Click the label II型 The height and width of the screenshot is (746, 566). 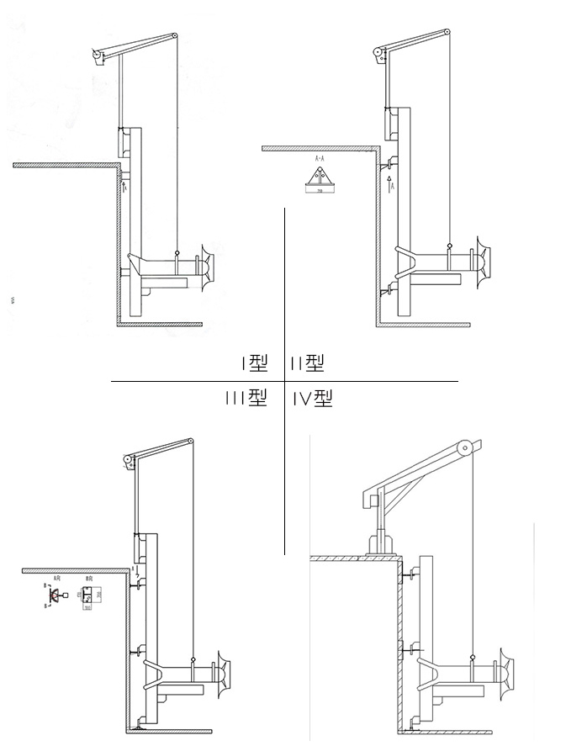tap(307, 363)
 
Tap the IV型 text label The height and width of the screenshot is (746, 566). tap(313, 399)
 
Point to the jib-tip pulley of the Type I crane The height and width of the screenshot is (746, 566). tap(174, 36)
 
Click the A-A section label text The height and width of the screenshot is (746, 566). tap(320, 158)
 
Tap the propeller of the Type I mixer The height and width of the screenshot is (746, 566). tap(207, 265)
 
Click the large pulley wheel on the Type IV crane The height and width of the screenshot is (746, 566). tap(461, 449)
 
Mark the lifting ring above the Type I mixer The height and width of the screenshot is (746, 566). tap(177, 253)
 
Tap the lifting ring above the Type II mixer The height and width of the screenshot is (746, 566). tap(450, 247)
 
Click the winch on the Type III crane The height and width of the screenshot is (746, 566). tap(128, 460)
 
